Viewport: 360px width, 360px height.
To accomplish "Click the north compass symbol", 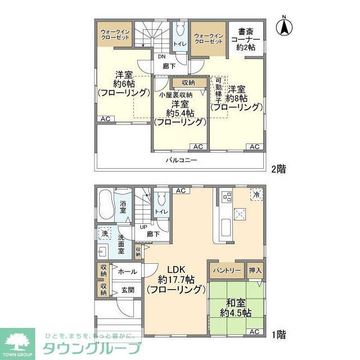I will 286,26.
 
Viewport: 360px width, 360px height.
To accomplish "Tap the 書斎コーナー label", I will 245,39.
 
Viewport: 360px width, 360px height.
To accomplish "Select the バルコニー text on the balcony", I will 181,160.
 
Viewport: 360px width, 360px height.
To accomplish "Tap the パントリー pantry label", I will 227,271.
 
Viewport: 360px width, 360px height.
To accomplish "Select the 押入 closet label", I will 255,271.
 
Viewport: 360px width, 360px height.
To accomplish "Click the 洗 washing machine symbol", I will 105,233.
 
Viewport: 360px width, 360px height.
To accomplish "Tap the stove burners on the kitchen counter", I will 227,197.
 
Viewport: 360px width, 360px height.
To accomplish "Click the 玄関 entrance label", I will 128,290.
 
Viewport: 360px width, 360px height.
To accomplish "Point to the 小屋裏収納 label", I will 175,95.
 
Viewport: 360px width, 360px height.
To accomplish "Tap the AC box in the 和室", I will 254,332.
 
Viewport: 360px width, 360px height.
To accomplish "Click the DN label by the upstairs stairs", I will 161,57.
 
